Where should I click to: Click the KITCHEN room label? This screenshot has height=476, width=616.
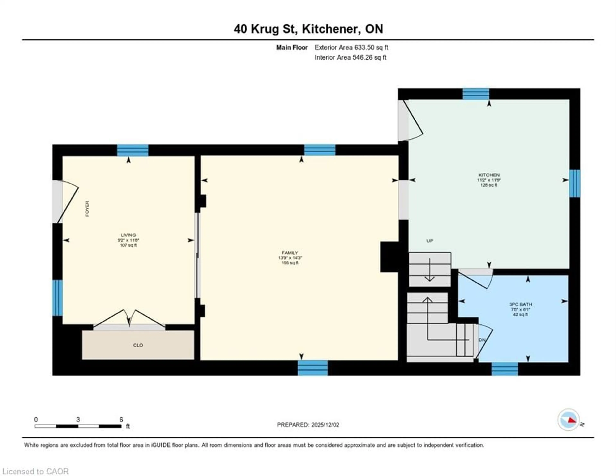(x=489, y=175)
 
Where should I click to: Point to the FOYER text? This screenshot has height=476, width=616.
(x=87, y=209)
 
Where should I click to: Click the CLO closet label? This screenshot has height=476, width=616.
(x=138, y=345)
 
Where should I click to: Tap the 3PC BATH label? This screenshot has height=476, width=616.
(x=520, y=304)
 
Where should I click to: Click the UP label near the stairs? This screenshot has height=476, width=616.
(x=430, y=241)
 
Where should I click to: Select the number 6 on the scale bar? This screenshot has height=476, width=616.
(x=121, y=420)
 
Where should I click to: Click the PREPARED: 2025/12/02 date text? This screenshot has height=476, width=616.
(x=308, y=425)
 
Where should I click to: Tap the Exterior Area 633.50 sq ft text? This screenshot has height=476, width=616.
(x=351, y=47)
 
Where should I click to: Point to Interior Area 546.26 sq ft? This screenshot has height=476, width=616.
(x=350, y=57)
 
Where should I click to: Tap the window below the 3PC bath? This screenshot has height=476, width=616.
(x=505, y=369)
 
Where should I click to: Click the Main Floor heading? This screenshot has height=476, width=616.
(x=292, y=47)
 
